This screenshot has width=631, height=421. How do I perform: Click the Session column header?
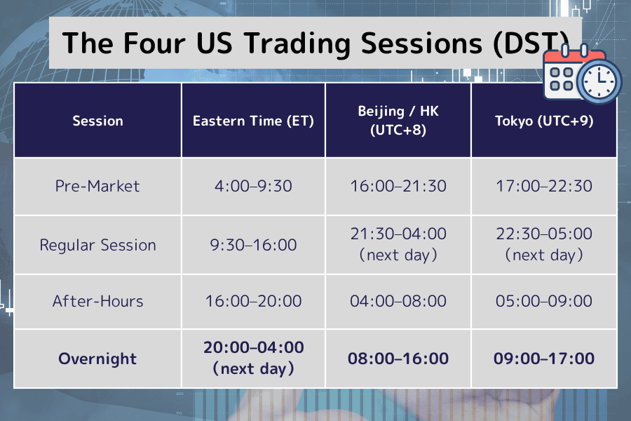tap(97, 121)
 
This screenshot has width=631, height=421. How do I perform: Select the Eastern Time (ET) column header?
tap(253, 121)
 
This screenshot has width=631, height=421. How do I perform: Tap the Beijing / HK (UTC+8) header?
tap(398, 121)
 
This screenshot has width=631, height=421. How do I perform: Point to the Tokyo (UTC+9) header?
tap(544, 121)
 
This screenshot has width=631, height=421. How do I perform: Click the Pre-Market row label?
tap(97, 186)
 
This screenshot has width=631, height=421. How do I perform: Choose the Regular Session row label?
tap(97, 245)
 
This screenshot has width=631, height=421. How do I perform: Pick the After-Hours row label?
tap(97, 301)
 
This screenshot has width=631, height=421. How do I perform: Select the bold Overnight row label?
tap(97, 359)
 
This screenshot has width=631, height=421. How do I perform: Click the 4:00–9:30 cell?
tap(253, 186)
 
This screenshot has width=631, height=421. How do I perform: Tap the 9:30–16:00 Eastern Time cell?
tap(253, 245)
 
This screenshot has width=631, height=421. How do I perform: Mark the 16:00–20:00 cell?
tap(253, 301)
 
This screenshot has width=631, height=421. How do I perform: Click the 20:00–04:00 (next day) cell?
tap(253, 358)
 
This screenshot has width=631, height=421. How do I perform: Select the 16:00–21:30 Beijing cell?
tap(398, 186)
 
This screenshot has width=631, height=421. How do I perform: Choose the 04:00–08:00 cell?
tap(398, 301)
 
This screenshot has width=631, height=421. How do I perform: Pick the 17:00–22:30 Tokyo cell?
tap(544, 186)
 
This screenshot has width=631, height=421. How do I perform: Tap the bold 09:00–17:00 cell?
tap(544, 359)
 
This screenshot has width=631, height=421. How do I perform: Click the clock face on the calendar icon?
tap(598, 82)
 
